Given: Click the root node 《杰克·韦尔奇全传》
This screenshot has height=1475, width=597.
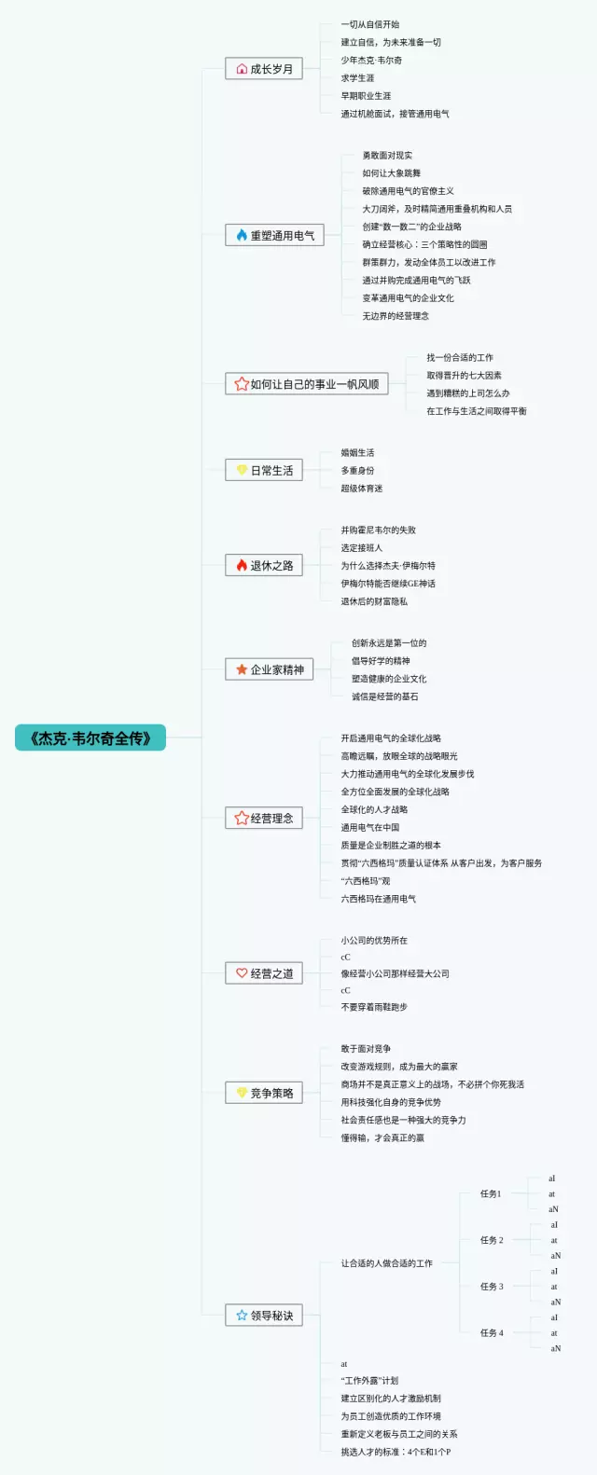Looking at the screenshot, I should [90, 738].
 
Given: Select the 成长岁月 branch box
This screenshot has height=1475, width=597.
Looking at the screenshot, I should [264, 69].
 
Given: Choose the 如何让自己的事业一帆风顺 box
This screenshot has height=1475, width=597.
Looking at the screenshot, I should [306, 384].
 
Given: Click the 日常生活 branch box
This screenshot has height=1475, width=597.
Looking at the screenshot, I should [264, 471].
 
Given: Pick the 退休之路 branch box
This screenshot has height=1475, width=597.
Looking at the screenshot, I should [264, 566].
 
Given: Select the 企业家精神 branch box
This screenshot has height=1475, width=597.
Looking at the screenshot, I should [270, 669].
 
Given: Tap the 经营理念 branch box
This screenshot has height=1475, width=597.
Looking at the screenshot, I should [264, 819].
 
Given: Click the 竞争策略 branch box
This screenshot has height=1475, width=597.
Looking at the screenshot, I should [264, 1094].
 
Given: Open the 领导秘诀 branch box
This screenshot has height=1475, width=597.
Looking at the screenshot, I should [264, 1316].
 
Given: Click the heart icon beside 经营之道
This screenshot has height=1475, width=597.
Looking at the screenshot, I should [242, 973].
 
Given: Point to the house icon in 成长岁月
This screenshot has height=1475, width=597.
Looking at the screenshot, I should [242, 69].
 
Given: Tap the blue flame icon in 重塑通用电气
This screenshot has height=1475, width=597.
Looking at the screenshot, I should [242, 236].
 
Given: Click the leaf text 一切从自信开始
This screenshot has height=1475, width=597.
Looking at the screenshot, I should [370, 24].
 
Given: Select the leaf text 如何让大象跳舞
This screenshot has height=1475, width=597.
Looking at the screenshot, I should [392, 173].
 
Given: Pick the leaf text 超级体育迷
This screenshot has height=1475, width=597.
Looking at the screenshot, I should [362, 489].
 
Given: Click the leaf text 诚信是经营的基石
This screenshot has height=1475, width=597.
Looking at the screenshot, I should [385, 696].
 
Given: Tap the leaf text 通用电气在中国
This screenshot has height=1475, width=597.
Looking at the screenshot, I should [370, 827].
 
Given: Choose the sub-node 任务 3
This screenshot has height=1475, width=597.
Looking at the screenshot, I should [492, 1287].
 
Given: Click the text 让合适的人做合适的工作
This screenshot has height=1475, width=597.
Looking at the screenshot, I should [386, 1263].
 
